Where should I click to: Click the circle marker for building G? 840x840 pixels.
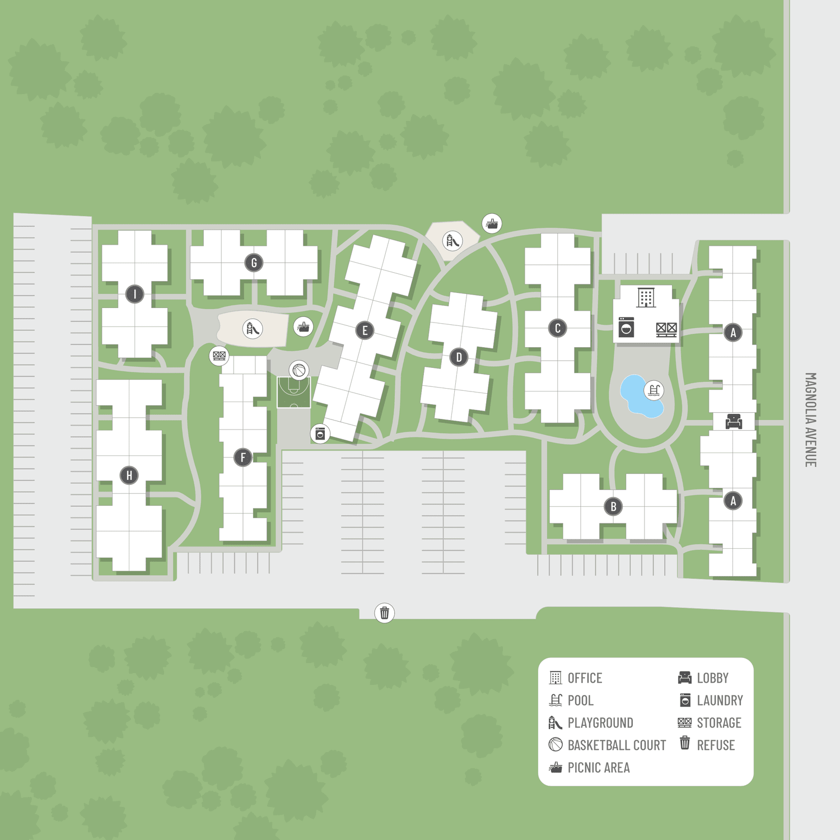(x=254, y=263)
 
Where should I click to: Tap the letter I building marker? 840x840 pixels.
(x=134, y=294)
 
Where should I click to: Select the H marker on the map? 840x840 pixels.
(x=129, y=475)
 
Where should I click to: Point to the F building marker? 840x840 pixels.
(x=243, y=458)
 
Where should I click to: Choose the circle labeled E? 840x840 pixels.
(x=365, y=330)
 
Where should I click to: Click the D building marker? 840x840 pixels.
(x=459, y=357)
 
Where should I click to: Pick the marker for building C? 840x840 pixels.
(x=558, y=328)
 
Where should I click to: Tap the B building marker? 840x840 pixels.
(x=614, y=507)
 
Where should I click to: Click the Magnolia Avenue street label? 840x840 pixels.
(x=810, y=420)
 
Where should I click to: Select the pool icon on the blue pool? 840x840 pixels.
(x=654, y=390)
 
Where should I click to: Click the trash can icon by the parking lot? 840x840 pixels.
(x=385, y=613)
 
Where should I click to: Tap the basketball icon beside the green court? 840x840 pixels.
(x=300, y=370)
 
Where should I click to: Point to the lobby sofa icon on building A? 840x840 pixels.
(x=734, y=421)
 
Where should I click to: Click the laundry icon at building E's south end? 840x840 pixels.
(x=320, y=433)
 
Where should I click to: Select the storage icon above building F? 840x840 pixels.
(x=219, y=355)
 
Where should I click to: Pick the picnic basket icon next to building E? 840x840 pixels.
(x=304, y=326)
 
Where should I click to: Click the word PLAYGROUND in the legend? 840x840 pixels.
(x=600, y=723)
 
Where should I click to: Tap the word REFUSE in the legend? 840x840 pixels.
(x=716, y=745)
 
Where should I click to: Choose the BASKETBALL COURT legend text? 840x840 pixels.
(x=617, y=745)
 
